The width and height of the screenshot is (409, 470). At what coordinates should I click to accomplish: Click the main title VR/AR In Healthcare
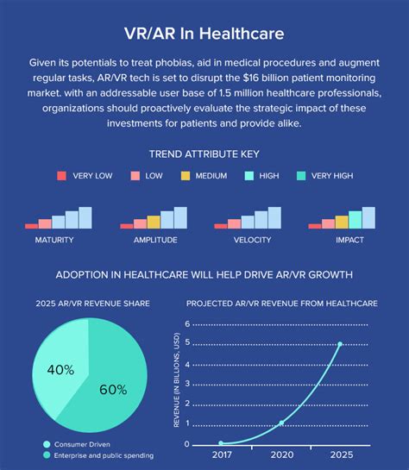pos(204,34)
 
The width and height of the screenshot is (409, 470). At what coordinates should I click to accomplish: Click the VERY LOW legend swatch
pos(61,176)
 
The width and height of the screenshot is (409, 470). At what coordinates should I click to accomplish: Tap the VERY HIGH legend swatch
pos(300,176)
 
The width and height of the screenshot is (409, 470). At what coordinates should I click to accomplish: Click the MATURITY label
pos(53,240)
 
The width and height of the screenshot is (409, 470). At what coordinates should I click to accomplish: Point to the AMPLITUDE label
pos(155,240)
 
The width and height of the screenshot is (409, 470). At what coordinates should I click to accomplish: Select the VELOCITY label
pos(252,240)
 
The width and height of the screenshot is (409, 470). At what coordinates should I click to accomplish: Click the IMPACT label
pos(349,240)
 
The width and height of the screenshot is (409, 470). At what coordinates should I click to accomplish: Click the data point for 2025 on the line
pos(340,344)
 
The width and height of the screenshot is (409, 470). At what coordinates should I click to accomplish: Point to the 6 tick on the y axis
pos(186,324)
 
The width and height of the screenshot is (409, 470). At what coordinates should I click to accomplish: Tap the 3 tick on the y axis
pos(186,384)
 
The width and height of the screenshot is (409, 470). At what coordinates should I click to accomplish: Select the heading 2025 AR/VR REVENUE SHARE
pos(92,303)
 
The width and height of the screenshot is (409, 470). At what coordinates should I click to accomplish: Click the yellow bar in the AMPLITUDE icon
pos(154,222)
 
